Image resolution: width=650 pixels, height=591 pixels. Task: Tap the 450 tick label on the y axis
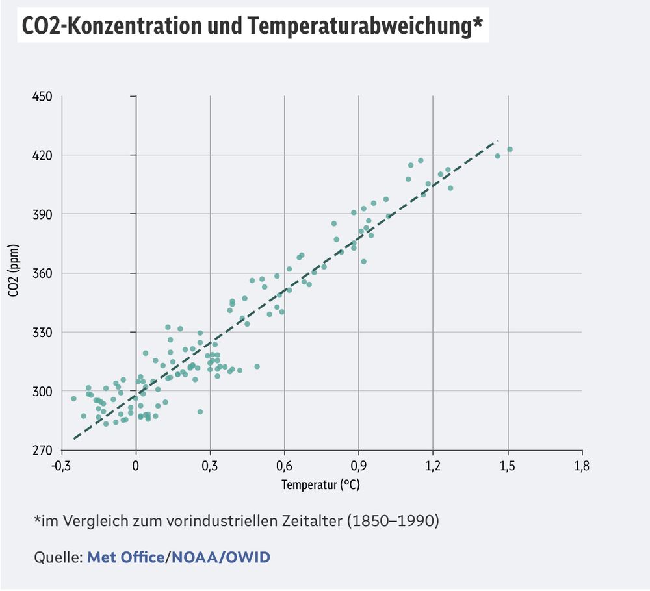click(44, 97)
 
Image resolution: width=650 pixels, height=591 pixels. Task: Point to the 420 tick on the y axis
click(44, 155)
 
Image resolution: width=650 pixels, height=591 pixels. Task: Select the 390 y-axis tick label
click(44, 214)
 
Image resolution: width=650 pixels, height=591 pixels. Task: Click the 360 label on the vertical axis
click(44, 273)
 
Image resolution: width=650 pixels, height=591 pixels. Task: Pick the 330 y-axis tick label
click(44, 333)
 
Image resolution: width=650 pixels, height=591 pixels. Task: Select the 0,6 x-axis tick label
click(284, 465)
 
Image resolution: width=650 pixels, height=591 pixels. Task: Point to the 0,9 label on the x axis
click(359, 465)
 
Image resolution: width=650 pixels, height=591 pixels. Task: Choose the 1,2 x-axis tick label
click(433, 465)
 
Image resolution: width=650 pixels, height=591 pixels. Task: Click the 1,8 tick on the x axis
click(581, 465)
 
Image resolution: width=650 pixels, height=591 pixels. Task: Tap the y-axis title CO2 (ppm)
click(14, 273)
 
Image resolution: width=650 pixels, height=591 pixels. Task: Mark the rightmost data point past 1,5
click(510, 149)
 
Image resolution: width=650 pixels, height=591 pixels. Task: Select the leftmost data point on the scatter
click(73, 399)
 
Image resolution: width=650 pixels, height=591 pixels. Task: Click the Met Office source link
click(125, 557)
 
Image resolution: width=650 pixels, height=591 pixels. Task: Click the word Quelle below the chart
click(57, 557)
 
